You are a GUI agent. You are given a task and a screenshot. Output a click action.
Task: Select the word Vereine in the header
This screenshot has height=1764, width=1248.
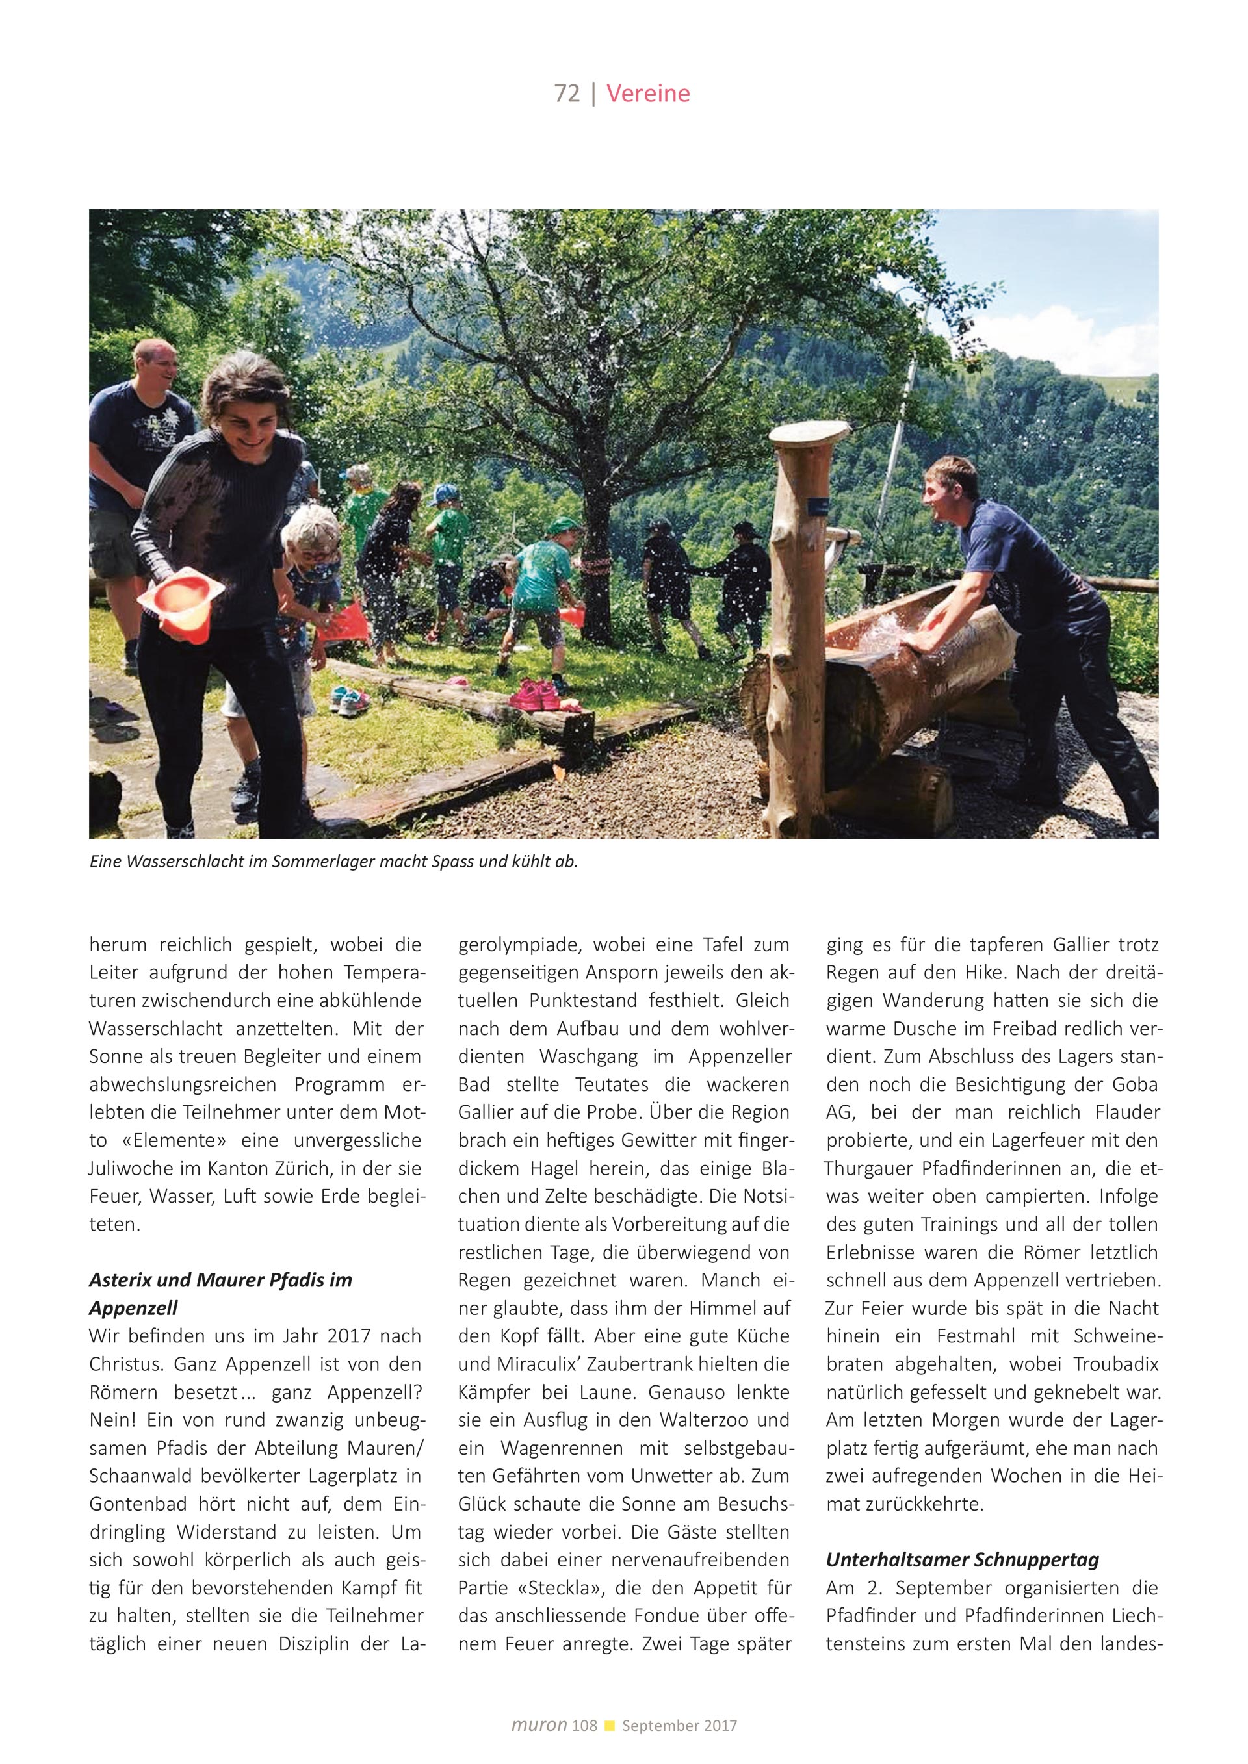(x=648, y=94)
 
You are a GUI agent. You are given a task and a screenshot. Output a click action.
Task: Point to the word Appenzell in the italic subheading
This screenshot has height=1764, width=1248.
(x=134, y=1308)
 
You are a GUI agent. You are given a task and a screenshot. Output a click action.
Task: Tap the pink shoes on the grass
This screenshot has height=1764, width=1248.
(x=536, y=695)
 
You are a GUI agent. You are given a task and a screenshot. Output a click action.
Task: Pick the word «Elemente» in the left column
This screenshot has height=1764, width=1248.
(x=174, y=1140)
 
